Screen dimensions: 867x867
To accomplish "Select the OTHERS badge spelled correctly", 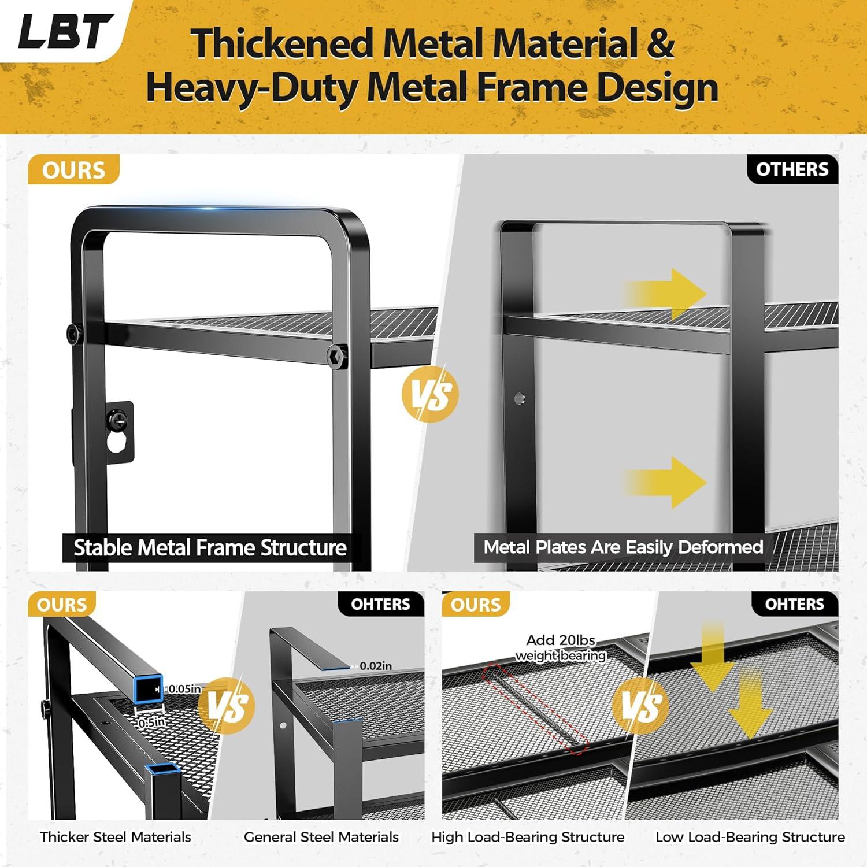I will (792, 169).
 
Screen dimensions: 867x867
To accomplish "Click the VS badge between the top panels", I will (430, 394).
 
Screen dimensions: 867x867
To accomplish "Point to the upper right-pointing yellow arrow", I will (665, 294).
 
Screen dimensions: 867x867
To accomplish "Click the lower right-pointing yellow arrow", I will (665, 482).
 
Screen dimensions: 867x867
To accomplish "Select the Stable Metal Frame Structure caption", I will (210, 547).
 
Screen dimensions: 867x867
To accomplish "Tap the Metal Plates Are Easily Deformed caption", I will (623, 547).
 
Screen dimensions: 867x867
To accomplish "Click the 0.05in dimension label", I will (184, 689).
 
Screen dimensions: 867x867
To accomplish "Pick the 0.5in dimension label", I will (151, 722).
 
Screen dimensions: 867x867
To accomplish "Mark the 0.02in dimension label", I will (375, 666).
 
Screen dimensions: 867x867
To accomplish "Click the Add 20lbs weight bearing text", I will (560, 648).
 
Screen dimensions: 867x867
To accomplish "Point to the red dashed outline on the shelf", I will (535, 709).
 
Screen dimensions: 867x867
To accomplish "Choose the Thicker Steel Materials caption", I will (115, 837).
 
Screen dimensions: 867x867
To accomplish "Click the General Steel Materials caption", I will (321, 837).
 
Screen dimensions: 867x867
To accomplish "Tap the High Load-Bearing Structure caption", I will (528, 837).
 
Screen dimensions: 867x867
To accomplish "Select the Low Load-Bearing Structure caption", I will (750, 837).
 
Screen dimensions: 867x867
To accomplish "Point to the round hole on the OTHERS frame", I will (520, 398).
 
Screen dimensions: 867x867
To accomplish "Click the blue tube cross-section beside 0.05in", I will (149, 689).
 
